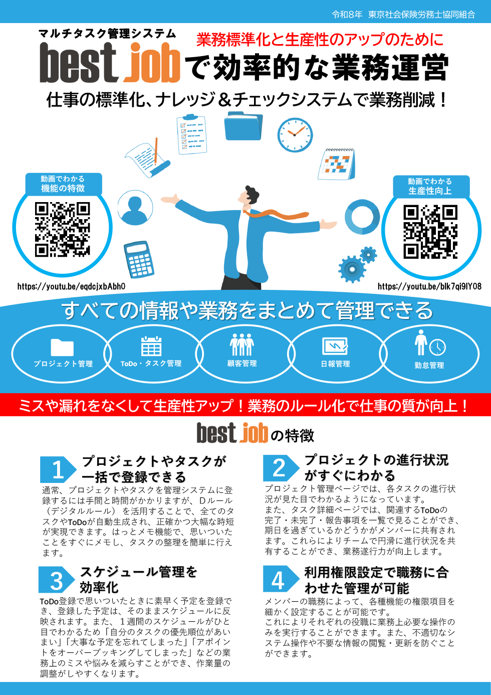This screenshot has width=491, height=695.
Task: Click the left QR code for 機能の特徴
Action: [62, 230]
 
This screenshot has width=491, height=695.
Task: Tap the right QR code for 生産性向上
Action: [430, 232]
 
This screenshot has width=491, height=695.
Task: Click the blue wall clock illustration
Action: [295, 135]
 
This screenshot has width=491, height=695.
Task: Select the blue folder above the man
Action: [243, 126]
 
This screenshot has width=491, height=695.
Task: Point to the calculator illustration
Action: [139, 259]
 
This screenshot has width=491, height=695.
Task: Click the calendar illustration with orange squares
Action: [336, 164]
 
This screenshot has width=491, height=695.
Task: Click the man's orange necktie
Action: [276, 214]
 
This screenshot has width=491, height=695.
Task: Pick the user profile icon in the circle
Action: [135, 208]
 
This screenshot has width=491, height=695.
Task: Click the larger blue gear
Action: [352, 269]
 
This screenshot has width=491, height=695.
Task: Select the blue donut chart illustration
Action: [362, 217]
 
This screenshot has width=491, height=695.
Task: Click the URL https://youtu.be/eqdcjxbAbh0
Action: [71, 286]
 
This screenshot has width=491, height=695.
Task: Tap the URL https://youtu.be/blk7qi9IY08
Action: [429, 286]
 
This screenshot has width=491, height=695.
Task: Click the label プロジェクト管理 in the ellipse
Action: [63, 364]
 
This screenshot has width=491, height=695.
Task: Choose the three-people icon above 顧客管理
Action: [242, 344]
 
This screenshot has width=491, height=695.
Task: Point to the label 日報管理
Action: [335, 364]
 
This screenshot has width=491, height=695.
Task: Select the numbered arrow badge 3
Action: [57, 579]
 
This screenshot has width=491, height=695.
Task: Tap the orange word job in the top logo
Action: [152, 63]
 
